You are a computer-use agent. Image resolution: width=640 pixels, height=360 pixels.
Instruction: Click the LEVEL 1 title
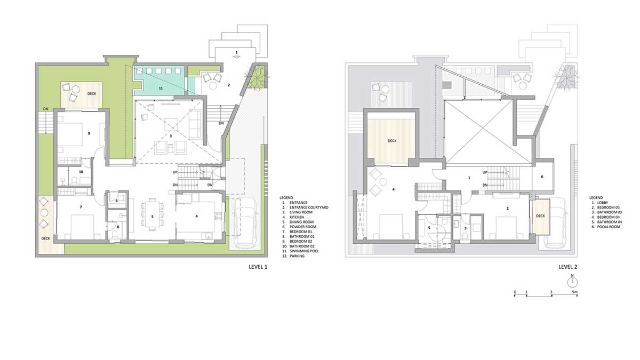pyautogui.click(x=258, y=267)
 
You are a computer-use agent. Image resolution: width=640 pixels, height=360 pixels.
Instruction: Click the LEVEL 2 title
pyautogui.click(x=567, y=267)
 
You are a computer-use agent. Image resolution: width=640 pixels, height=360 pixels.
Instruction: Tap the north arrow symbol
pyautogui.click(x=572, y=282)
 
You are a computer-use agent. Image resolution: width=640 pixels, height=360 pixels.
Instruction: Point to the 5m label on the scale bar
pyautogui.click(x=575, y=292)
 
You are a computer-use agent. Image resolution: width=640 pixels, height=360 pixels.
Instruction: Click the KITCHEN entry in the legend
pyautogui.click(x=297, y=217)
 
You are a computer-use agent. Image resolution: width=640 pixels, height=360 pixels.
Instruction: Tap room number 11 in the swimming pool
pyautogui.click(x=161, y=89)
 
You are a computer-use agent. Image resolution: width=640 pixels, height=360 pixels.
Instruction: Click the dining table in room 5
pyautogui.click(x=153, y=214)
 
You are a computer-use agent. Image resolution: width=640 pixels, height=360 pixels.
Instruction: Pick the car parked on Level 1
pyautogui.click(x=245, y=223)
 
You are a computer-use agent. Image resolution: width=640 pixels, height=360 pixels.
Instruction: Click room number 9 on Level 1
pyautogui.click(x=89, y=133)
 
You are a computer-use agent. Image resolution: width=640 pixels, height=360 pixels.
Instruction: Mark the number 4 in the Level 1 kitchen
pyautogui.click(x=197, y=217)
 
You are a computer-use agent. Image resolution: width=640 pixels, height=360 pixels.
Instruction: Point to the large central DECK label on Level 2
pyautogui.click(x=393, y=141)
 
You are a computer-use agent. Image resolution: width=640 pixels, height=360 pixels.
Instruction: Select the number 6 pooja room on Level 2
pyautogui.click(x=542, y=177)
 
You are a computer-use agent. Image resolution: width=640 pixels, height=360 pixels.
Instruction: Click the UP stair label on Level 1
pyautogui.click(x=175, y=172)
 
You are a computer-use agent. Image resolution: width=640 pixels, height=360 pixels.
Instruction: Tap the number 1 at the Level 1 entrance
pyautogui.click(x=237, y=52)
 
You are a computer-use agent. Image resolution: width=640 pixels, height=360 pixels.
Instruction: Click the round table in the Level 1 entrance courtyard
pyautogui.click(x=213, y=85)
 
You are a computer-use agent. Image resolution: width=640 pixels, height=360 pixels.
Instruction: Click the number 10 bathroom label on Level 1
pyautogui.click(x=81, y=172)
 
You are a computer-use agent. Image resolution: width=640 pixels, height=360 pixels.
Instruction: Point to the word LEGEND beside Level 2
pyautogui.click(x=596, y=197)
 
